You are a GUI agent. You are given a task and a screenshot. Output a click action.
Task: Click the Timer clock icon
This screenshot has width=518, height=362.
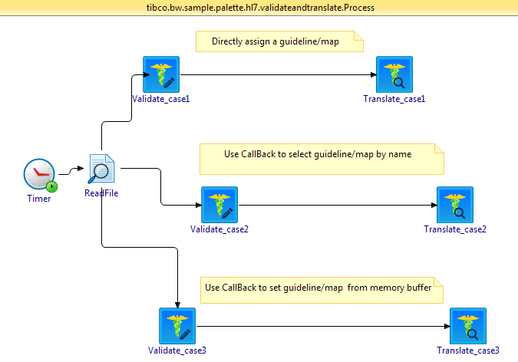pyautogui.click(x=38, y=175)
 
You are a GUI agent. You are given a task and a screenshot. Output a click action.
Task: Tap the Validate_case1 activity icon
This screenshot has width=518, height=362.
pyautogui.click(x=161, y=74)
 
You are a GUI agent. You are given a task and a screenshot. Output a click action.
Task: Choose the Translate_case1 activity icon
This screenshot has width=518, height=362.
pyautogui.click(x=394, y=74)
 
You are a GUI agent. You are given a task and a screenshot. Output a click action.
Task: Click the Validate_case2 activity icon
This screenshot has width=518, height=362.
pyautogui.click(x=219, y=205)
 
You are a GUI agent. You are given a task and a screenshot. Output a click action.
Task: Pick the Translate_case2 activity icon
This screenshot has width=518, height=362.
pyautogui.click(x=455, y=205)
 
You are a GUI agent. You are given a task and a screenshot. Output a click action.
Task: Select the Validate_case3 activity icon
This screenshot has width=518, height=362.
pyautogui.click(x=177, y=326)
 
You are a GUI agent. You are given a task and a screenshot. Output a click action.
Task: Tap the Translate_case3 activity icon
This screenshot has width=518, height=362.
pyautogui.click(x=468, y=326)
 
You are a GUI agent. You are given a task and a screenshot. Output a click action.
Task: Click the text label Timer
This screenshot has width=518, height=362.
pyautogui.click(x=38, y=199)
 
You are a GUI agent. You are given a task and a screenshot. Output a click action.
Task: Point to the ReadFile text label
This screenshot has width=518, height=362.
pyautogui.click(x=101, y=193)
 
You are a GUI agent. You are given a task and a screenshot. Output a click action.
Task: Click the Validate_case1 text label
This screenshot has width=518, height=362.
pyautogui.click(x=161, y=99)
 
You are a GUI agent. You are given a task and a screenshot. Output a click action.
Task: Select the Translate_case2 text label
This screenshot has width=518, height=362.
pyautogui.click(x=455, y=229)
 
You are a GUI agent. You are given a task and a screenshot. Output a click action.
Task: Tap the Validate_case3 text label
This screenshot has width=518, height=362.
pyautogui.click(x=177, y=350)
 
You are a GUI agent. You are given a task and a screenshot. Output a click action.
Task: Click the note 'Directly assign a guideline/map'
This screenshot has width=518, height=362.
pyautogui.click(x=279, y=41)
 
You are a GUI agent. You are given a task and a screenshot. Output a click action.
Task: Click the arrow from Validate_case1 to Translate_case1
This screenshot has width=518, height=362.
pyautogui.click(x=276, y=75)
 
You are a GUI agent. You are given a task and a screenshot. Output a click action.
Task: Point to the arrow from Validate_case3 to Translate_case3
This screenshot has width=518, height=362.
pyautogui.click(x=322, y=326)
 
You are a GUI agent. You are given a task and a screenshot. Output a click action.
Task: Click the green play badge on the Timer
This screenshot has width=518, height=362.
pyautogui.click(x=51, y=186)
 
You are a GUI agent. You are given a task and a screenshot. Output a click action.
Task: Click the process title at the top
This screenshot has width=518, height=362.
pyautogui.click(x=259, y=8)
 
